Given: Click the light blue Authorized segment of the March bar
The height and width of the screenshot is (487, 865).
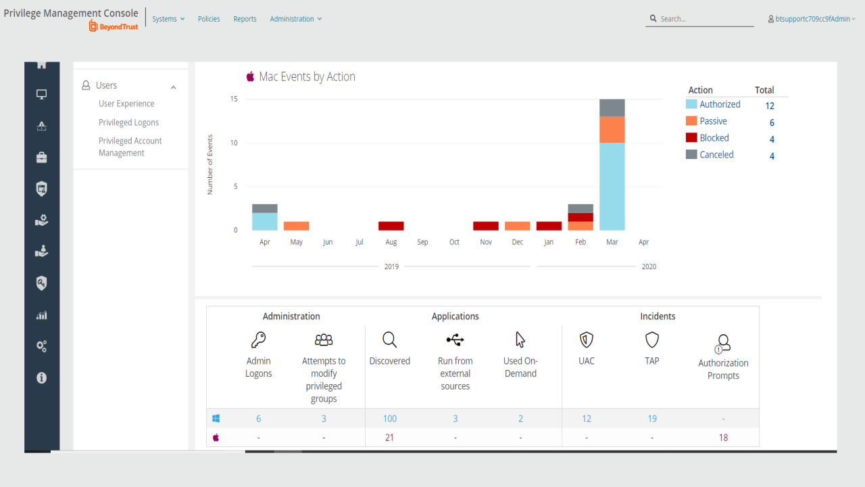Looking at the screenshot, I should point(612,186).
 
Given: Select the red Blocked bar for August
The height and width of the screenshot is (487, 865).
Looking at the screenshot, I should point(391,226).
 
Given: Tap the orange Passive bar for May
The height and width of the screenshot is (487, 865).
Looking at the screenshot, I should point(296,226).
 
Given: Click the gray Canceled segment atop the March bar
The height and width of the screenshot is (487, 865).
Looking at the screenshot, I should point(612,108).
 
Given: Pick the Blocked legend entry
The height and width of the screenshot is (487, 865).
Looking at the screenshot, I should point(714,138).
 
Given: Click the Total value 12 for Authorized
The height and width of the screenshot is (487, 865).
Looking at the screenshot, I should point(770,106).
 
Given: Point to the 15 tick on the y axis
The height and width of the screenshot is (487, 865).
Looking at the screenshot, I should point(234,99).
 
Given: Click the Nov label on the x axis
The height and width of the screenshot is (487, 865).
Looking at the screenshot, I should point(486,242).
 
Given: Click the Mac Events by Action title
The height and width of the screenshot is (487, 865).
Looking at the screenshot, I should point(307,76).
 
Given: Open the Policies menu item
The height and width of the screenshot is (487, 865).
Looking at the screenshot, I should point(209,19).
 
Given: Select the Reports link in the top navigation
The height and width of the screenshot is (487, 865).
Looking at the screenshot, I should point(245,19).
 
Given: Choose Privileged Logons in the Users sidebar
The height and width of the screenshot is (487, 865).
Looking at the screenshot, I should point(128,122).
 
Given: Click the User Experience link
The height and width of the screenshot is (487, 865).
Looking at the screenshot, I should point(126,103).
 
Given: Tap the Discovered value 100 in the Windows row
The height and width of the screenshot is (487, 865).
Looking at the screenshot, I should point(389,419).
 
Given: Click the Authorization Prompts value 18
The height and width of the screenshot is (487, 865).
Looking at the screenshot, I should point(723,438).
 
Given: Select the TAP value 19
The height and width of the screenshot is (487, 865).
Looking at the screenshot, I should point(652,419).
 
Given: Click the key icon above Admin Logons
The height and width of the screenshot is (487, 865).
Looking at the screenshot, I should point(258,340).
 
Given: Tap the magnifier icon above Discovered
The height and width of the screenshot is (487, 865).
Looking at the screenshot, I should point(389,340).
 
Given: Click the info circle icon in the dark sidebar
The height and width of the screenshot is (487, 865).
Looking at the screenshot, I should point(41,378).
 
